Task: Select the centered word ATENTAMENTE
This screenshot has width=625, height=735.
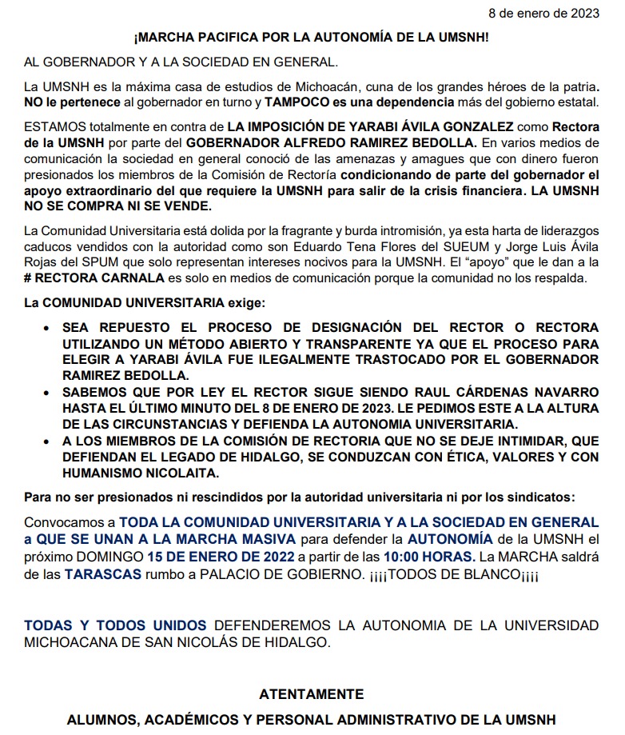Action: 312,694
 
